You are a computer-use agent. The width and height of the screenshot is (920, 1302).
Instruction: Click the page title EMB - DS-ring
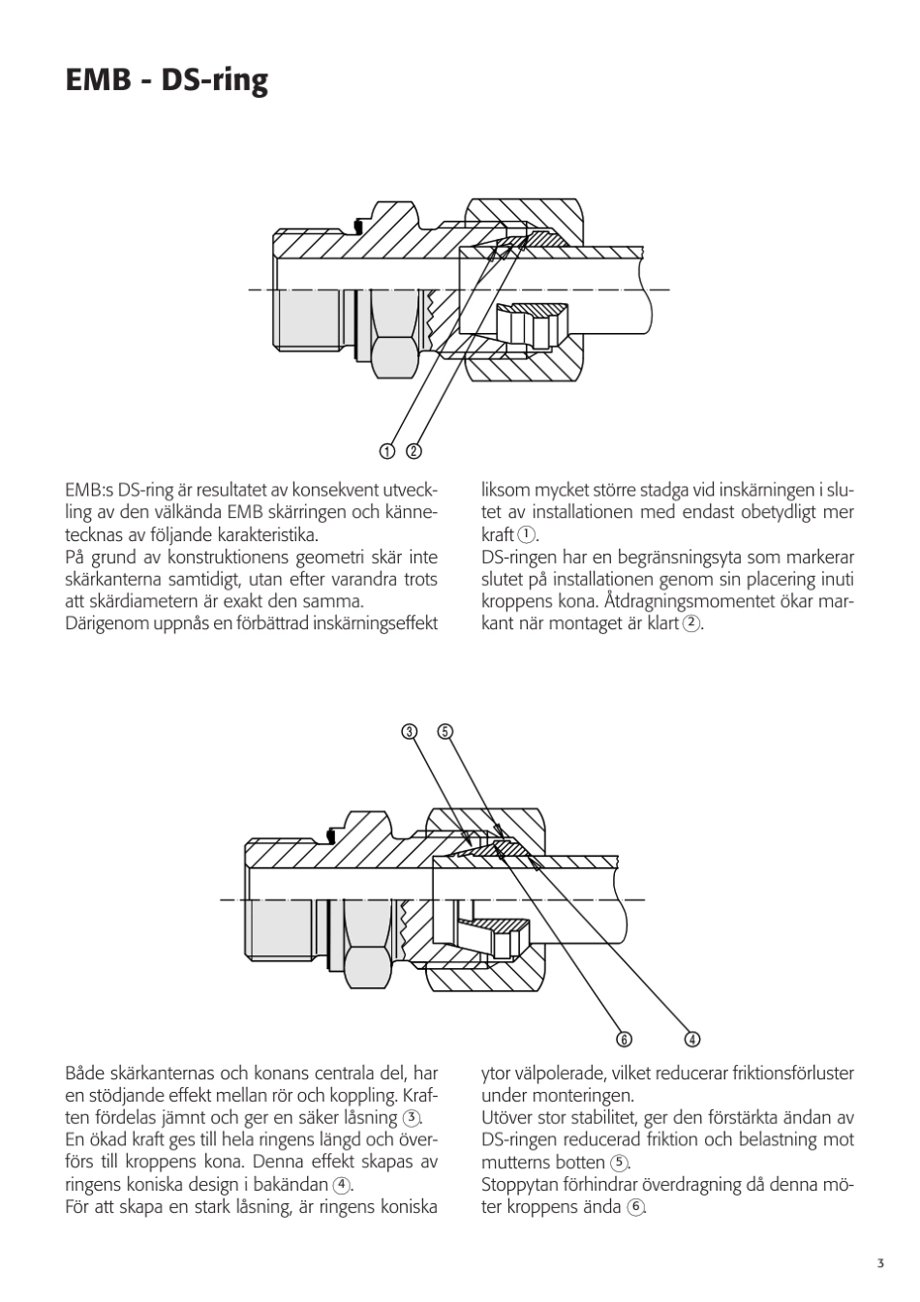click(167, 80)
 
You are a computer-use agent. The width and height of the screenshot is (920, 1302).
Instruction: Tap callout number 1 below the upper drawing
click(387, 450)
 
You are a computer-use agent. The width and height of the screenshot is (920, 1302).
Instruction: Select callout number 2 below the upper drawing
click(414, 450)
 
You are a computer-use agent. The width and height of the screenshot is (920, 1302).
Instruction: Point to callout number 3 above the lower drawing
click(410, 731)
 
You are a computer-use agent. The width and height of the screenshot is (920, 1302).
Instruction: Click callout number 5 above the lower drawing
click(445, 731)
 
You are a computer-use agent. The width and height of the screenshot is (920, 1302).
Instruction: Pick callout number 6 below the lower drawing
click(624, 1040)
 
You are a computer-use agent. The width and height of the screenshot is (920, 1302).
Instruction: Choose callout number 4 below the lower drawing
click(692, 1040)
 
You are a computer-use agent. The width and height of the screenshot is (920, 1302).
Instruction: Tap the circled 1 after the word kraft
click(526, 534)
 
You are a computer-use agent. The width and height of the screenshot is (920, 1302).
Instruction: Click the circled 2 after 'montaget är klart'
click(690, 623)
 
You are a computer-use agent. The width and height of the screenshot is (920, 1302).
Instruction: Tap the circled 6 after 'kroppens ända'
click(635, 1207)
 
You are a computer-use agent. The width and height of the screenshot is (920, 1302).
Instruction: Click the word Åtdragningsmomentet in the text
click(695, 601)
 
